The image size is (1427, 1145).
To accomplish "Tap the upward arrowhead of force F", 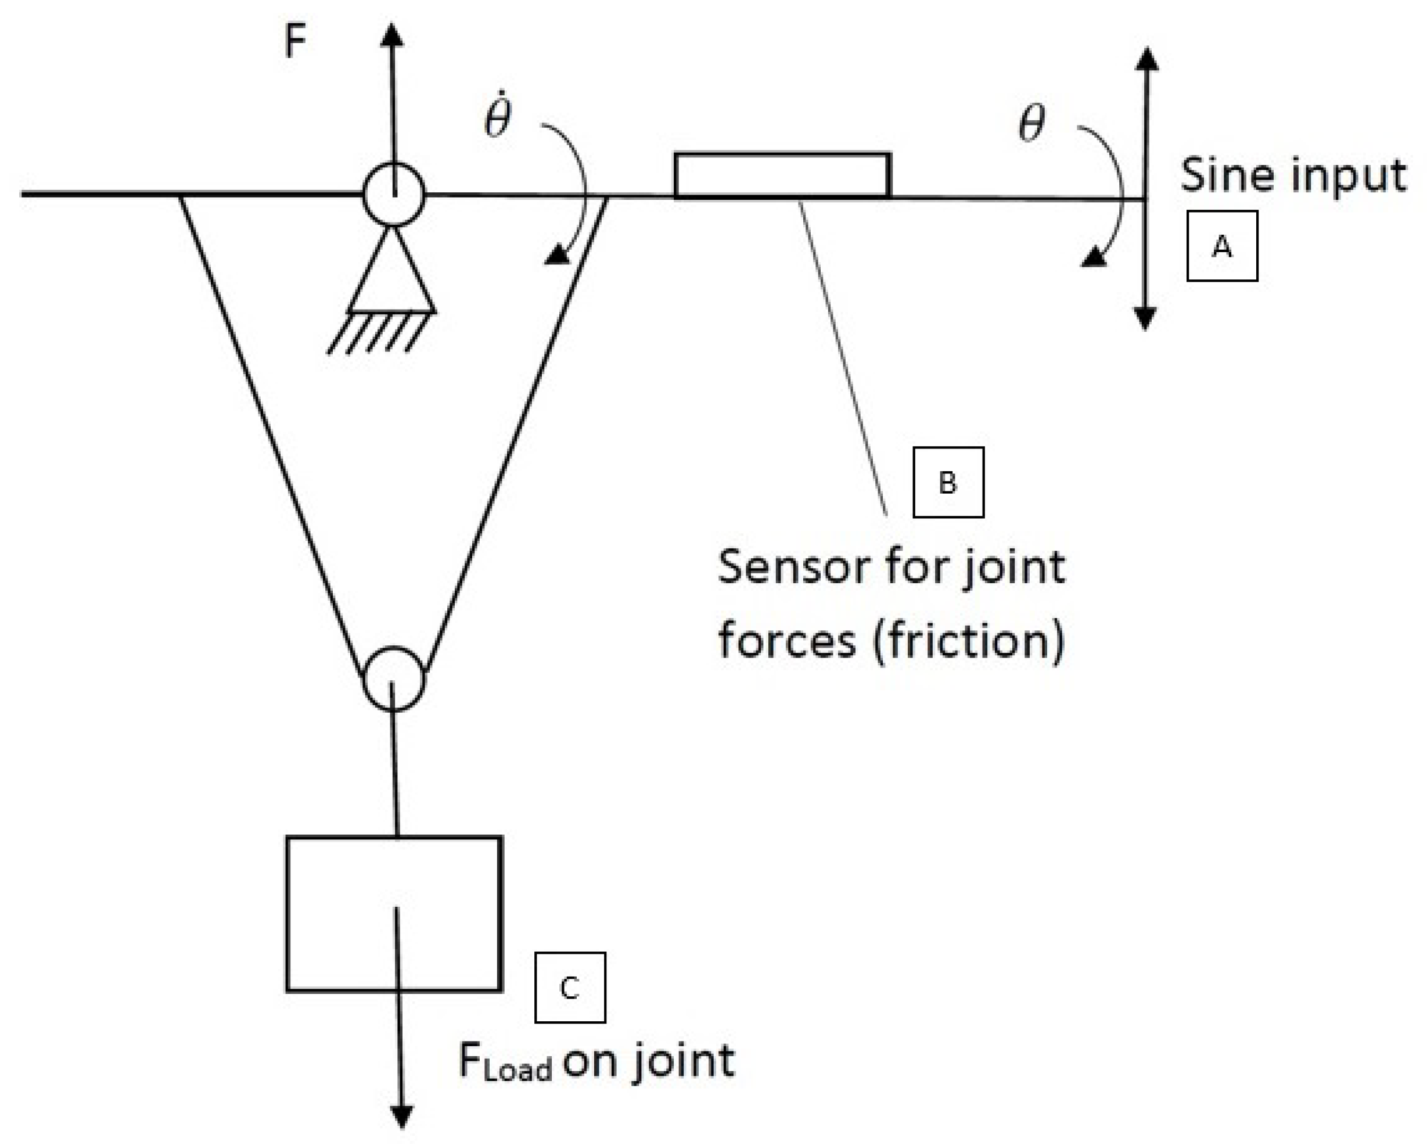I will click(x=392, y=34).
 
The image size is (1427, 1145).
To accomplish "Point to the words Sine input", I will click(x=1293, y=176).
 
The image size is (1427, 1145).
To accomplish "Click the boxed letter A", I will click(x=1222, y=246).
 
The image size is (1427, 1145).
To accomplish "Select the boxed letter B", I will click(x=948, y=483).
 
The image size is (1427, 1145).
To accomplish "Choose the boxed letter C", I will click(x=569, y=988).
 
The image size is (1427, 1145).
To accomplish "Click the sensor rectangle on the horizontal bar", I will click(x=782, y=175).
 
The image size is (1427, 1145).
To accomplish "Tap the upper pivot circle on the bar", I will click(x=393, y=195).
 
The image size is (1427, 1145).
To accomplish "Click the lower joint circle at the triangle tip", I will click(x=394, y=679).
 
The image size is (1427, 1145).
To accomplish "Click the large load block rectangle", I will click(x=394, y=914).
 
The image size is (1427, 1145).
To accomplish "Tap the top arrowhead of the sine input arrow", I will click(x=1146, y=58).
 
